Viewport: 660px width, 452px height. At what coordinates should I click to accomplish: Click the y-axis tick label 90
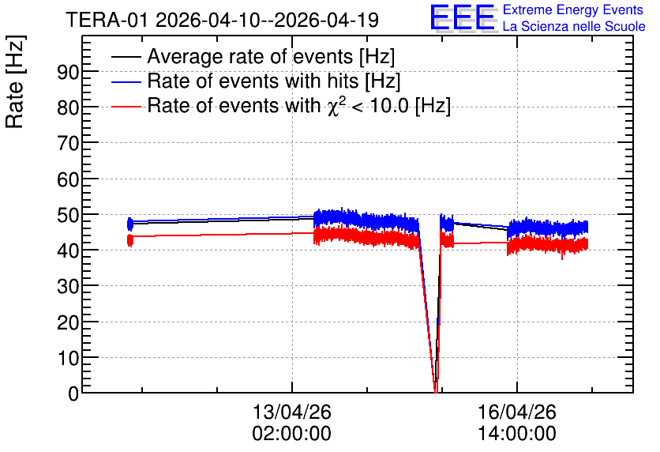pyautogui.click(x=68, y=73)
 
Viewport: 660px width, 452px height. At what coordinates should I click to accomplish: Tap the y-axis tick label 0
pyautogui.click(x=73, y=394)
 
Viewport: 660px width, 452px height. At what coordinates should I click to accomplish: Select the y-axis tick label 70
pyautogui.click(x=68, y=144)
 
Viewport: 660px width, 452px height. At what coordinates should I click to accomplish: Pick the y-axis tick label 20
pyautogui.click(x=68, y=323)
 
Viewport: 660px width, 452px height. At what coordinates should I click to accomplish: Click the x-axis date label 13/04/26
pyautogui.click(x=291, y=412)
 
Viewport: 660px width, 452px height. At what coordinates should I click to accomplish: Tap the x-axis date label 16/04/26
pyautogui.click(x=517, y=412)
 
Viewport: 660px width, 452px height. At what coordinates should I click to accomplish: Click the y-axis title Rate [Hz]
pyautogui.click(x=15, y=81)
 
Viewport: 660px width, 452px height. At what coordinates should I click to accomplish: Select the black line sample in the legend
pyautogui.click(x=126, y=57)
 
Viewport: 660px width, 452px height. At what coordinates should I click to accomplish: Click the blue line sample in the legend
pyautogui.click(x=126, y=81)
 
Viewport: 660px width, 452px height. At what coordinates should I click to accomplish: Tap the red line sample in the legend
pyautogui.click(x=126, y=106)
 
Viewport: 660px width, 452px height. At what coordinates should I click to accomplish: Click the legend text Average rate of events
pyautogui.click(x=250, y=56)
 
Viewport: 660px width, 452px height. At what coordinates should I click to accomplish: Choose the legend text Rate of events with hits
pyautogui.click(x=253, y=81)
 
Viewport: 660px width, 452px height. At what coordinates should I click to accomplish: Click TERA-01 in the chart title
pyautogui.click(x=107, y=20)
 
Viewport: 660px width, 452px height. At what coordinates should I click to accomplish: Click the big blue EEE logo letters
pyautogui.click(x=463, y=17)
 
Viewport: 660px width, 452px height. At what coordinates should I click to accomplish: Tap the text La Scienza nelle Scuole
pyautogui.click(x=574, y=26)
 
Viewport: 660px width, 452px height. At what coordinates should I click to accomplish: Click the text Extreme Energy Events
pyautogui.click(x=573, y=9)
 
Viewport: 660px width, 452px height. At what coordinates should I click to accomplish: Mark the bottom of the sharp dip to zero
pyautogui.click(x=436, y=392)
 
